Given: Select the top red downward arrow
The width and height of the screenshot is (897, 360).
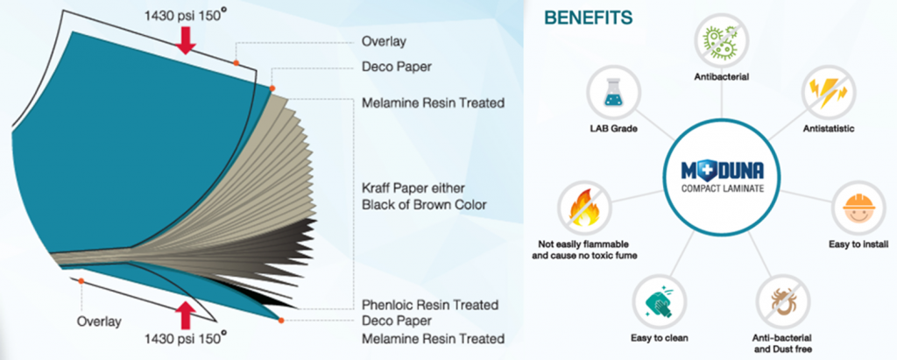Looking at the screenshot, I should tap(185, 39).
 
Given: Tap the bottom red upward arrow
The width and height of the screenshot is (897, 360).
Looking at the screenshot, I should tap(185, 314).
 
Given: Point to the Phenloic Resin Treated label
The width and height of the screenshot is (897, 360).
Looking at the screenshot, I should tap(430, 305).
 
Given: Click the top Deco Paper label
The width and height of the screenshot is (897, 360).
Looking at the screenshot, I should tap(396, 66).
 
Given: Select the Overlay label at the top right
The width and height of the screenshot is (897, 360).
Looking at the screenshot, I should tap(384, 41).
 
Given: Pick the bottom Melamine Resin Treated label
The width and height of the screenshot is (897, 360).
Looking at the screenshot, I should tap(433, 338).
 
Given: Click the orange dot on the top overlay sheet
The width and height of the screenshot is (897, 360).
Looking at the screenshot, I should tap(237, 63).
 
